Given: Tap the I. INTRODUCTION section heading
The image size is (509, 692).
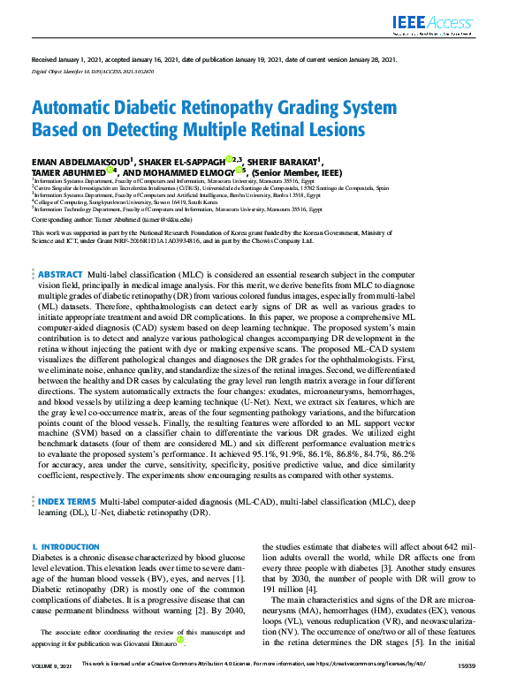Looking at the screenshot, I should point(65,548).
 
